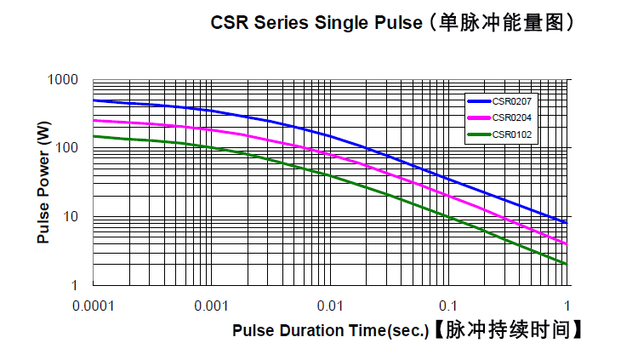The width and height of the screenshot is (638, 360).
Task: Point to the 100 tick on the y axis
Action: (69, 148)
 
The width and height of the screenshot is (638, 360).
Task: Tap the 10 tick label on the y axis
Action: (72, 216)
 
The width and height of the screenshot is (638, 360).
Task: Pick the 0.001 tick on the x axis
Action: (210, 306)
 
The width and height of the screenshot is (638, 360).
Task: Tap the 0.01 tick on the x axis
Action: (329, 306)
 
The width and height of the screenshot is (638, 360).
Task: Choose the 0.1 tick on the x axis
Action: (447, 306)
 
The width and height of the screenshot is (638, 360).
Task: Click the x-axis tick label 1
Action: (567, 306)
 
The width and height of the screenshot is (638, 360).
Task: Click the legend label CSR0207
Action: (512, 102)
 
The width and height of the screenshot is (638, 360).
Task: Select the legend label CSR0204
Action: (512, 117)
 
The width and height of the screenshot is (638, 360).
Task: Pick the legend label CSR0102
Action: (512, 134)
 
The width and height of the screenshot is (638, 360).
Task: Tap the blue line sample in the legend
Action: (479, 102)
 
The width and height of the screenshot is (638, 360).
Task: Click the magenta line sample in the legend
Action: (479, 117)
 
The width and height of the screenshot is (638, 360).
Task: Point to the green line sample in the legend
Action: (479, 134)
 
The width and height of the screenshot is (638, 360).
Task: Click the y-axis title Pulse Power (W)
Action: (43, 182)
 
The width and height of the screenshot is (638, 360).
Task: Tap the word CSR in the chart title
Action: (229, 23)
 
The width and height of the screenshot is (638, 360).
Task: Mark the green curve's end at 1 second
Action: (566, 264)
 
